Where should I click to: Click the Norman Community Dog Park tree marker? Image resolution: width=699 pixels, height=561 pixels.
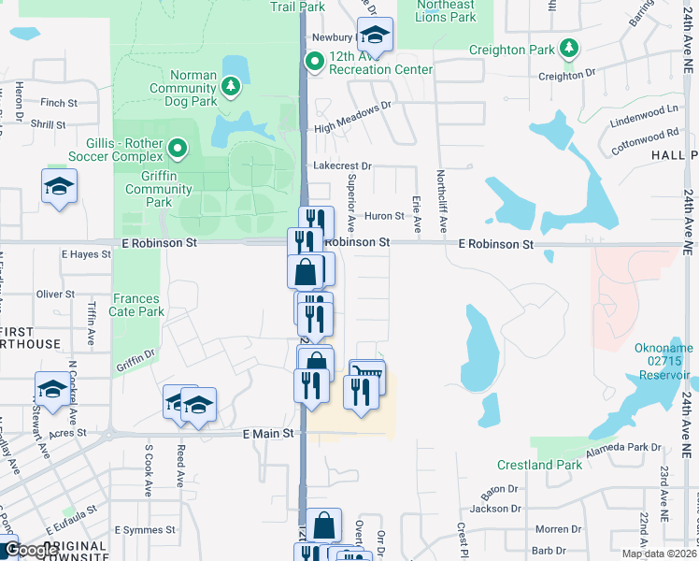tap(230, 87)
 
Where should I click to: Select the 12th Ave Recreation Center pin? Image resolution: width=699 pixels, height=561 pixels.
tap(314, 63)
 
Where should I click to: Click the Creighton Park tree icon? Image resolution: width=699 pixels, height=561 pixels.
tap(568, 48)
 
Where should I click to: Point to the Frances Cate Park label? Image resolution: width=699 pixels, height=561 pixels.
tap(136, 305)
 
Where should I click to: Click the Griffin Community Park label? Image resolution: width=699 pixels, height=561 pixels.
tap(159, 189)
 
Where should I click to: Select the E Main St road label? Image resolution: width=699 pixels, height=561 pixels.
tap(268, 434)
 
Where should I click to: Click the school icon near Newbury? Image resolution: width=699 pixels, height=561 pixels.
tap(375, 36)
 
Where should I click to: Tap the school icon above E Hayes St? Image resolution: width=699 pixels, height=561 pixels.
tap(59, 187)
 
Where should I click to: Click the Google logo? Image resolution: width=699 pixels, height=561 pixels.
tap(30, 550)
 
